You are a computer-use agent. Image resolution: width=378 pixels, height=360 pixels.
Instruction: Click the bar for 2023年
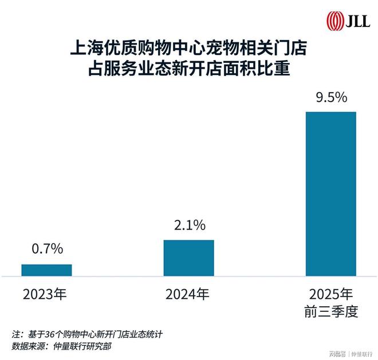46,270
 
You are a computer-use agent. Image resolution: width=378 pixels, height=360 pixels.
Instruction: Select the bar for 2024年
188,258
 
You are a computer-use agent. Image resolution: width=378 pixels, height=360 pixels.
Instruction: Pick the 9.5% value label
330,97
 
